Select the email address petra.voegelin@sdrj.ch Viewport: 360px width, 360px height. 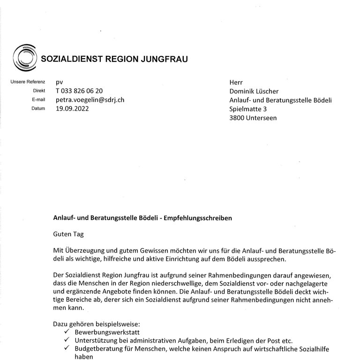point(90,100)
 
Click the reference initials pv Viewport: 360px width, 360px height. point(60,82)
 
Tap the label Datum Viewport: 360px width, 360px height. point(38,109)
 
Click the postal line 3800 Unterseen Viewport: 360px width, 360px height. point(253,118)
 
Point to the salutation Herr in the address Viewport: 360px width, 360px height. point(236,82)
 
